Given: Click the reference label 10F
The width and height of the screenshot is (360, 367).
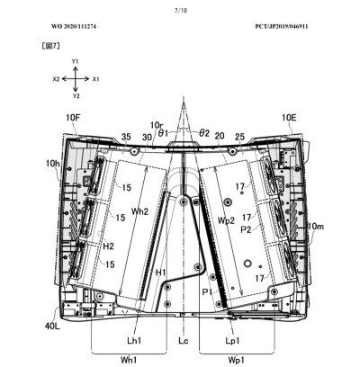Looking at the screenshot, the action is click(73, 118).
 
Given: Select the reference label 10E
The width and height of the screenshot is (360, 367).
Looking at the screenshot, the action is click(289, 118).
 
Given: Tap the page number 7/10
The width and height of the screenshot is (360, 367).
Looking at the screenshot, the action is click(181, 11).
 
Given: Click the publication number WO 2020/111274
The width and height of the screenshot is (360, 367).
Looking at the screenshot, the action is click(74, 26).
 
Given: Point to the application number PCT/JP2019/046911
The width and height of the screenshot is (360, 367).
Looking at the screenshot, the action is click(282, 26).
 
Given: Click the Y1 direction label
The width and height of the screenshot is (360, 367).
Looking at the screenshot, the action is click(76, 61).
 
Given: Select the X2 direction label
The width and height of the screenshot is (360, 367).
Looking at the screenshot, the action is click(56, 79).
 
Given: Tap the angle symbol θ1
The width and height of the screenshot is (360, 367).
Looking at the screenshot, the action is click(163, 133).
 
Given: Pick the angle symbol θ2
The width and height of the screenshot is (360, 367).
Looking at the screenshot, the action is click(204, 133).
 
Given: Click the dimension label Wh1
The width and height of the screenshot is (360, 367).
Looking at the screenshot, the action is click(129, 360).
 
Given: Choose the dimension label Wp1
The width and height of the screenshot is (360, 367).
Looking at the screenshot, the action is click(236, 360).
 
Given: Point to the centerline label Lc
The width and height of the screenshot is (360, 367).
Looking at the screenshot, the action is click(184, 341).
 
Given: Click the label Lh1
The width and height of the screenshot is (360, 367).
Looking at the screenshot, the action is click(134, 341).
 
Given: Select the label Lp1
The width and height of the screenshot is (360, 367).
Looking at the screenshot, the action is click(233, 341).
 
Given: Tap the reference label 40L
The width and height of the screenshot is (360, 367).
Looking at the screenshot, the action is click(53, 326).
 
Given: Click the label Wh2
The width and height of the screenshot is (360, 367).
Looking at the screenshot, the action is click(140, 211).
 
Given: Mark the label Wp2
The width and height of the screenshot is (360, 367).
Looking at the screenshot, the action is click(226, 220).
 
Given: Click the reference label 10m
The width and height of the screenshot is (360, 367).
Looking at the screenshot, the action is click(316, 227).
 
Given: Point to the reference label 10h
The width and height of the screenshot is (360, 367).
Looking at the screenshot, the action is click(53, 164).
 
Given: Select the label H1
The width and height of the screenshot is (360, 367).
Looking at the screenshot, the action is click(161, 273).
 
